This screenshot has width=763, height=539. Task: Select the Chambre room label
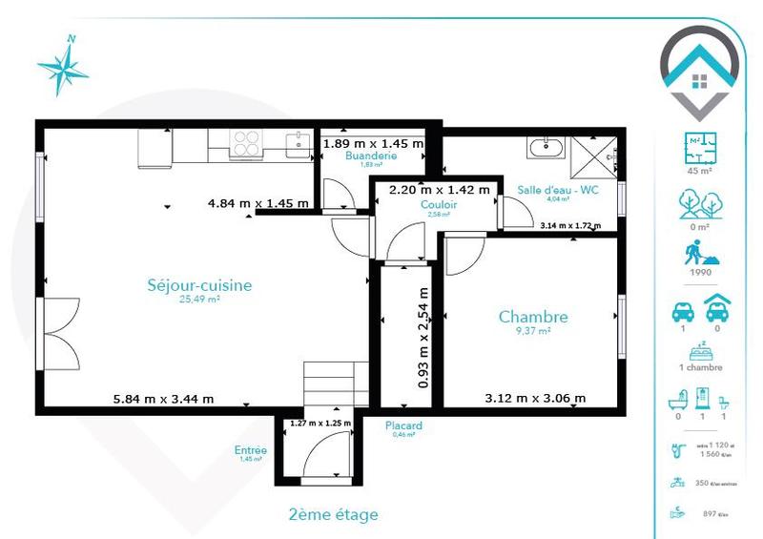pos(533,318)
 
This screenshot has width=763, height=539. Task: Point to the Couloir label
pos(439,204)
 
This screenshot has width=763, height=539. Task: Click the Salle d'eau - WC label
pos(557,190)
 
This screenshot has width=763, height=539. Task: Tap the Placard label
pos(403,425)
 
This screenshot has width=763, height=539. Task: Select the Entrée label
pos(250,450)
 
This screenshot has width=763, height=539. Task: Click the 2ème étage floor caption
pos(333,515)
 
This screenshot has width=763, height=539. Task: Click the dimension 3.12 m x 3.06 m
pos(535,398)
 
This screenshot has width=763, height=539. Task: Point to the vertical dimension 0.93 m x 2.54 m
pos(423,337)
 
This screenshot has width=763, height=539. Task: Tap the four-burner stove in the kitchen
pos(246,144)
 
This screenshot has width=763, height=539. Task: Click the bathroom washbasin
pos(547,148)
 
